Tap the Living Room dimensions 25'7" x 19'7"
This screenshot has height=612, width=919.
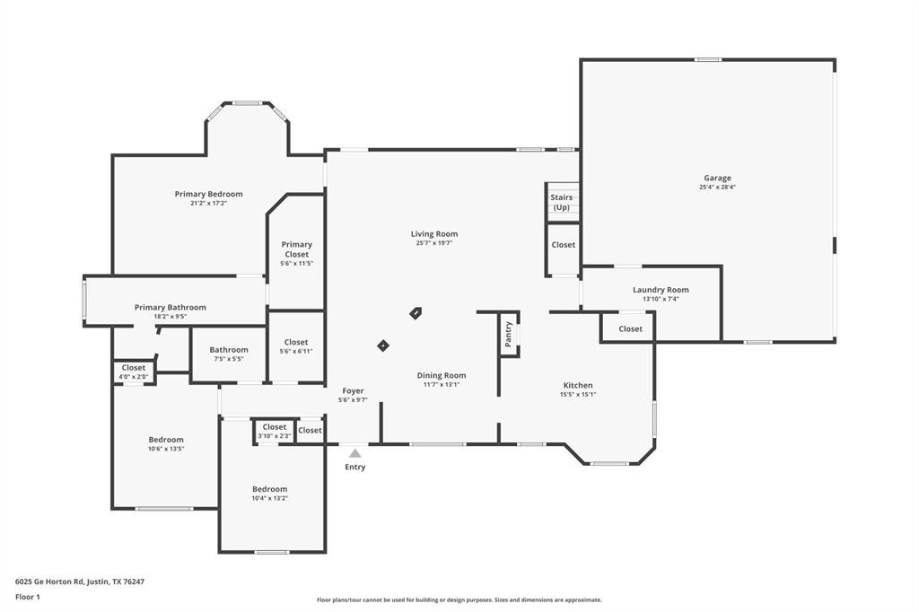(x=434, y=243)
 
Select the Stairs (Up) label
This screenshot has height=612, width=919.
(x=561, y=202)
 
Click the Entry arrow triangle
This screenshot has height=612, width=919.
(x=355, y=453)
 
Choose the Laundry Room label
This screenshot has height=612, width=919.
(x=661, y=290)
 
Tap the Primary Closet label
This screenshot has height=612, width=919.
(x=296, y=249)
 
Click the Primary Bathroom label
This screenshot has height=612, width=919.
(x=171, y=307)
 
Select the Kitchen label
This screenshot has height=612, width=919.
(x=578, y=385)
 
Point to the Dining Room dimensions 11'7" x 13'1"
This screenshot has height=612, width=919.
(x=442, y=385)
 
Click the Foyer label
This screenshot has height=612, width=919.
(x=353, y=390)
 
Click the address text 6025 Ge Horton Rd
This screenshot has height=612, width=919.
(x=80, y=581)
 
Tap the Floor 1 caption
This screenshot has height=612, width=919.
(x=27, y=597)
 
